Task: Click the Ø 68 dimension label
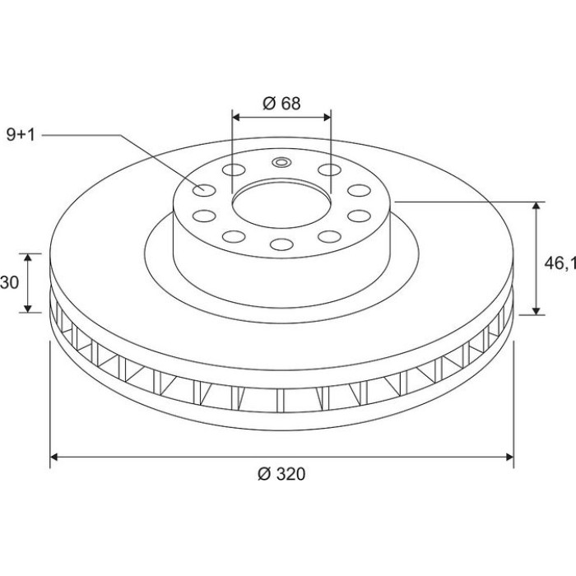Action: (x=281, y=104)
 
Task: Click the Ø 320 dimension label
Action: (x=281, y=474)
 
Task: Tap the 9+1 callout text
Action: (x=21, y=135)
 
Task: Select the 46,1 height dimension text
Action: (x=560, y=263)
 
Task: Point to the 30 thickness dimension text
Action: (x=9, y=282)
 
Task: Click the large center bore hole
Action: (x=281, y=205)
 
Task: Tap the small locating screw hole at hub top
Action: (x=281, y=162)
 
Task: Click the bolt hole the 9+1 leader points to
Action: (x=204, y=190)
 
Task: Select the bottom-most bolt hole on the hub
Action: (x=281, y=244)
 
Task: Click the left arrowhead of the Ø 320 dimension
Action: (x=54, y=457)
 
